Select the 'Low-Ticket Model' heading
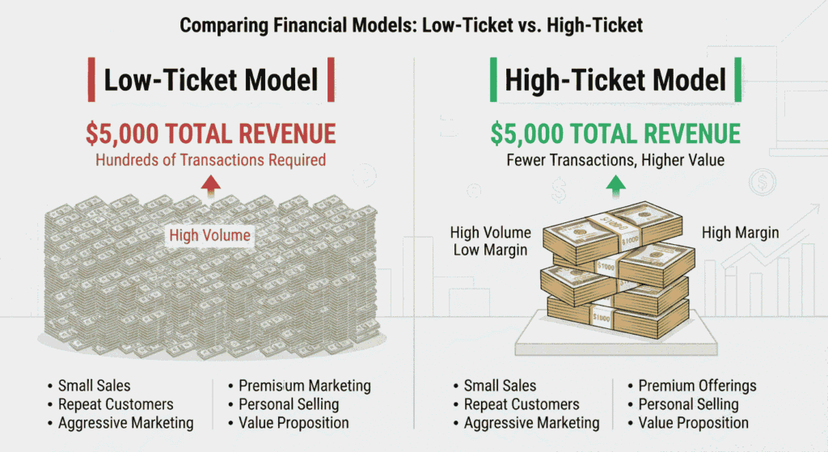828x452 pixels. pyautogui.click(x=211, y=80)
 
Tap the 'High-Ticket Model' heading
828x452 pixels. pyautogui.click(x=615, y=80)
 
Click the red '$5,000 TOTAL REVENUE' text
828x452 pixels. pyautogui.click(x=211, y=133)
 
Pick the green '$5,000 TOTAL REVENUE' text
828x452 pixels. pyautogui.click(x=615, y=133)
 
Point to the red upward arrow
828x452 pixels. pyautogui.click(x=211, y=186)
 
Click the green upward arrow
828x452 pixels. pyautogui.click(x=615, y=186)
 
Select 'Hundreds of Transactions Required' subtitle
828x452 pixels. pyautogui.click(x=211, y=160)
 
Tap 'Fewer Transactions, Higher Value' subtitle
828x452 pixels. pyautogui.click(x=615, y=160)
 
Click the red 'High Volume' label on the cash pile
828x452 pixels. pyautogui.click(x=209, y=235)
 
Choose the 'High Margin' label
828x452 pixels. pyautogui.click(x=741, y=233)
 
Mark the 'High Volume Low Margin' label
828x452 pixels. pyautogui.click(x=491, y=241)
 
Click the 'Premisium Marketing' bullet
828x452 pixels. pyautogui.click(x=305, y=386)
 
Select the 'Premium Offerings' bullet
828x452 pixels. pyautogui.click(x=697, y=386)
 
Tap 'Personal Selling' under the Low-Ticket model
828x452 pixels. pyautogui.click(x=289, y=404)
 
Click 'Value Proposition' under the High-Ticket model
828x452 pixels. pyautogui.click(x=693, y=423)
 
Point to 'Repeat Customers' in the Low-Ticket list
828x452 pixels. pyautogui.click(x=116, y=404)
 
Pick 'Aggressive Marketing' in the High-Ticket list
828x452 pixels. pyautogui.click(x=532, y=423)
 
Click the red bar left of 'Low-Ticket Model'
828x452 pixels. pyautogui.click(x=91, y=80)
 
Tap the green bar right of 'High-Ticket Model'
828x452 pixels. pyautogui.click(x=737, y=80)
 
